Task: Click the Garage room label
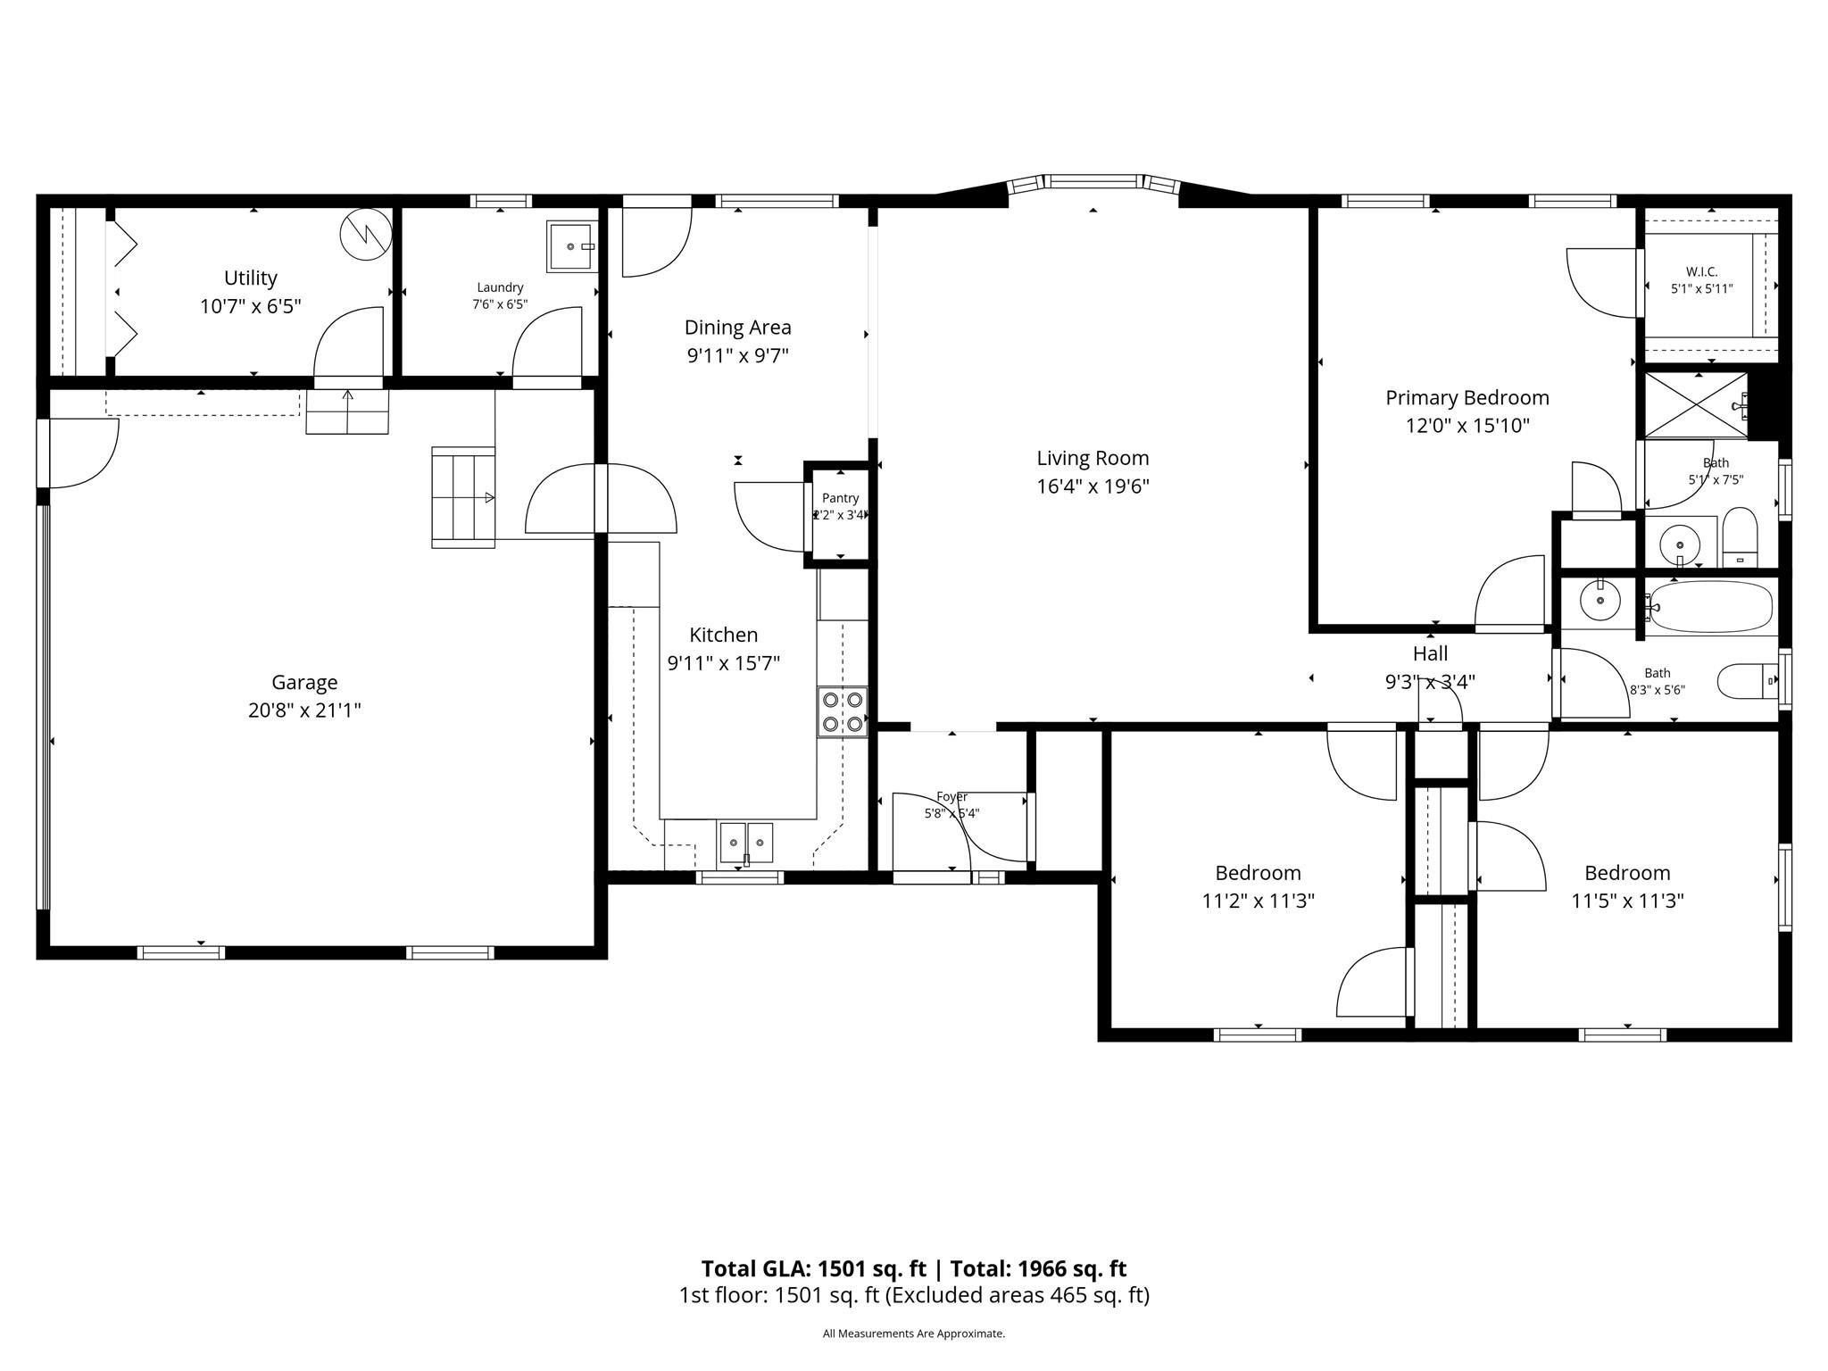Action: (x=304, y=682)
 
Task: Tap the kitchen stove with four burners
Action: (x=843, y=711)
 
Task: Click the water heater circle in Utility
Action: (x=366, y=234)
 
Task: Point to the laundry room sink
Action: (x=572, y=246)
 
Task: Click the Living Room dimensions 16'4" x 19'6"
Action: (x=1093, y=486)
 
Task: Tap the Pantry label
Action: (x=840, y=498)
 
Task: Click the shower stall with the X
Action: (x=1694, y=406)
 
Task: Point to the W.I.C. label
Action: (x=1701, y=271)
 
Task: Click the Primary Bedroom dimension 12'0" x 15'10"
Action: (x=1467, y=426)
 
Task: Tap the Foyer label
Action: (x=951, y=796)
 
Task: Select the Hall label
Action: (x=1430, y=653)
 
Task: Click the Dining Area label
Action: (x=737, y=328)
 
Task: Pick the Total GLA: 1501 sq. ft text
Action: (x=813, y=1268)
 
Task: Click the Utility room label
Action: (x=250, y=278)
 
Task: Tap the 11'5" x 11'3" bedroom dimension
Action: (x=1627, y=901)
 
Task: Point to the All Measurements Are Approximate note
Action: (x=913, y=1334)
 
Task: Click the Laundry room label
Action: (x=500, y=287)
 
